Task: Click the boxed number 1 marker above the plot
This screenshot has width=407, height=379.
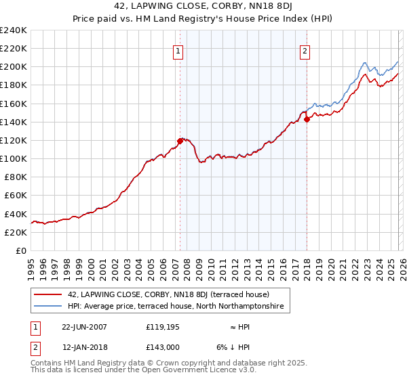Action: tap(178, 51)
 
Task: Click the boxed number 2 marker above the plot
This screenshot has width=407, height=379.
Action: tap(305, 51)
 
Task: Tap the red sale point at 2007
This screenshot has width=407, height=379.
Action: tap(180, 141)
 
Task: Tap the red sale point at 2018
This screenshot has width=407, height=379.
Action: tap(307, 119)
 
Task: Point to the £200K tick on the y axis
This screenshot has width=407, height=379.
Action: tap(14, 67)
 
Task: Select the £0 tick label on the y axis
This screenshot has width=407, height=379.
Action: tap(20, 250)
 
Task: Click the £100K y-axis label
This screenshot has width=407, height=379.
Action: tap(14, 158)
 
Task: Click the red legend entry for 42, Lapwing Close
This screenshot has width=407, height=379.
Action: tap(168, 294)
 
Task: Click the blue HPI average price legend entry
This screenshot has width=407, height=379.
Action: tap(176, 307)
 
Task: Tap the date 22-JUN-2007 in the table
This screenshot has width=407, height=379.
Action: tap(84, 326)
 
